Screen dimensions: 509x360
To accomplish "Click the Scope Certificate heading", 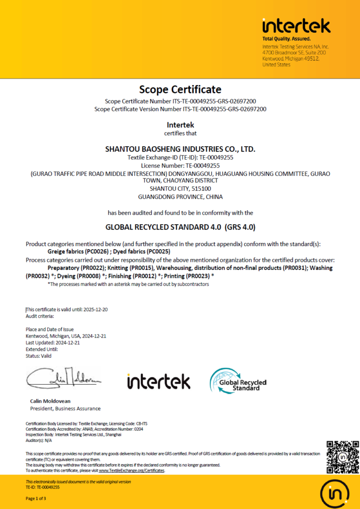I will click(180, 89).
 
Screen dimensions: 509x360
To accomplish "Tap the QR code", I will click(343, 457).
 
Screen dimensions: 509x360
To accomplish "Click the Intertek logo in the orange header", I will click(296, 26).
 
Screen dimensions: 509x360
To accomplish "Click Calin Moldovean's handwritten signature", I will click(63, 379).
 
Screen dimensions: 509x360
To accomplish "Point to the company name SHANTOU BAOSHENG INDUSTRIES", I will click(180, 149).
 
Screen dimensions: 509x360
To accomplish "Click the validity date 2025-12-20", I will click(93, 309).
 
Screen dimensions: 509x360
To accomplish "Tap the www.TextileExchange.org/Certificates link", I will click(131, 470).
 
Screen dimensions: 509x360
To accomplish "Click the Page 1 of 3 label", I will click(36, 499).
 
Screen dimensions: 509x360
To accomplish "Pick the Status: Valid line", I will click(38, 355).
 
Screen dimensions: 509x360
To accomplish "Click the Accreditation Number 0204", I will click(136, 429).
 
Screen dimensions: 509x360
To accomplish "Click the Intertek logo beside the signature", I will click(159, 382).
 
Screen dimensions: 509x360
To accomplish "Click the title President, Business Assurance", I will click(62, 409).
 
